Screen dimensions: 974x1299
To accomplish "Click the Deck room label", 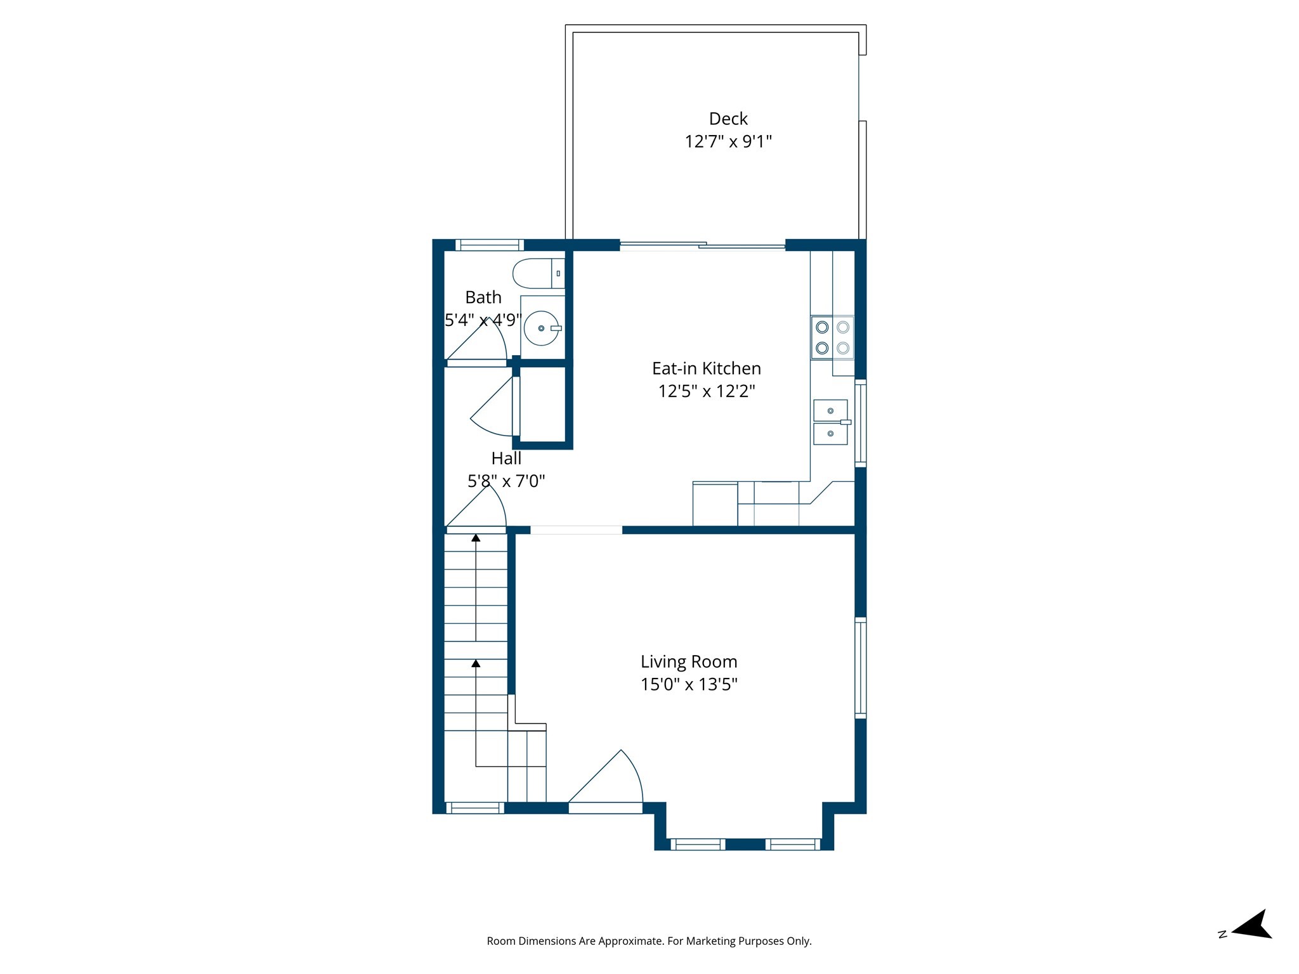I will tap(728, 119).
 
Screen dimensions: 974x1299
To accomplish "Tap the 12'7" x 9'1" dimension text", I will tap(728, 141).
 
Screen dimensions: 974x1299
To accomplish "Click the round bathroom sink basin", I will tap(541, 328).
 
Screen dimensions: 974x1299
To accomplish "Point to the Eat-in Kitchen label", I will tap(706, 368).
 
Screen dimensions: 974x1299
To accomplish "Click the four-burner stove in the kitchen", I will tap(832, 337).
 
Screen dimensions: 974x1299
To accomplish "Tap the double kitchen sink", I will tap(830, 422).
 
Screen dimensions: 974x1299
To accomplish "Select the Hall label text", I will tap(506, 458).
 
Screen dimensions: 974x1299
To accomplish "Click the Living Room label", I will tap(689, 661).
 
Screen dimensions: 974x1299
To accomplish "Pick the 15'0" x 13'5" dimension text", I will tap(689, 684).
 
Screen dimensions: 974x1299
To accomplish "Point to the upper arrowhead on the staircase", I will tap(476, 538).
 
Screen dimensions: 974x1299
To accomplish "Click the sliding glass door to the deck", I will tap(702, 245).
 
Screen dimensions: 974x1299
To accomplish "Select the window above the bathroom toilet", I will tap(490, 245).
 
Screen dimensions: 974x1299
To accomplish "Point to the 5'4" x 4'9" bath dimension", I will tap(483, 320).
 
